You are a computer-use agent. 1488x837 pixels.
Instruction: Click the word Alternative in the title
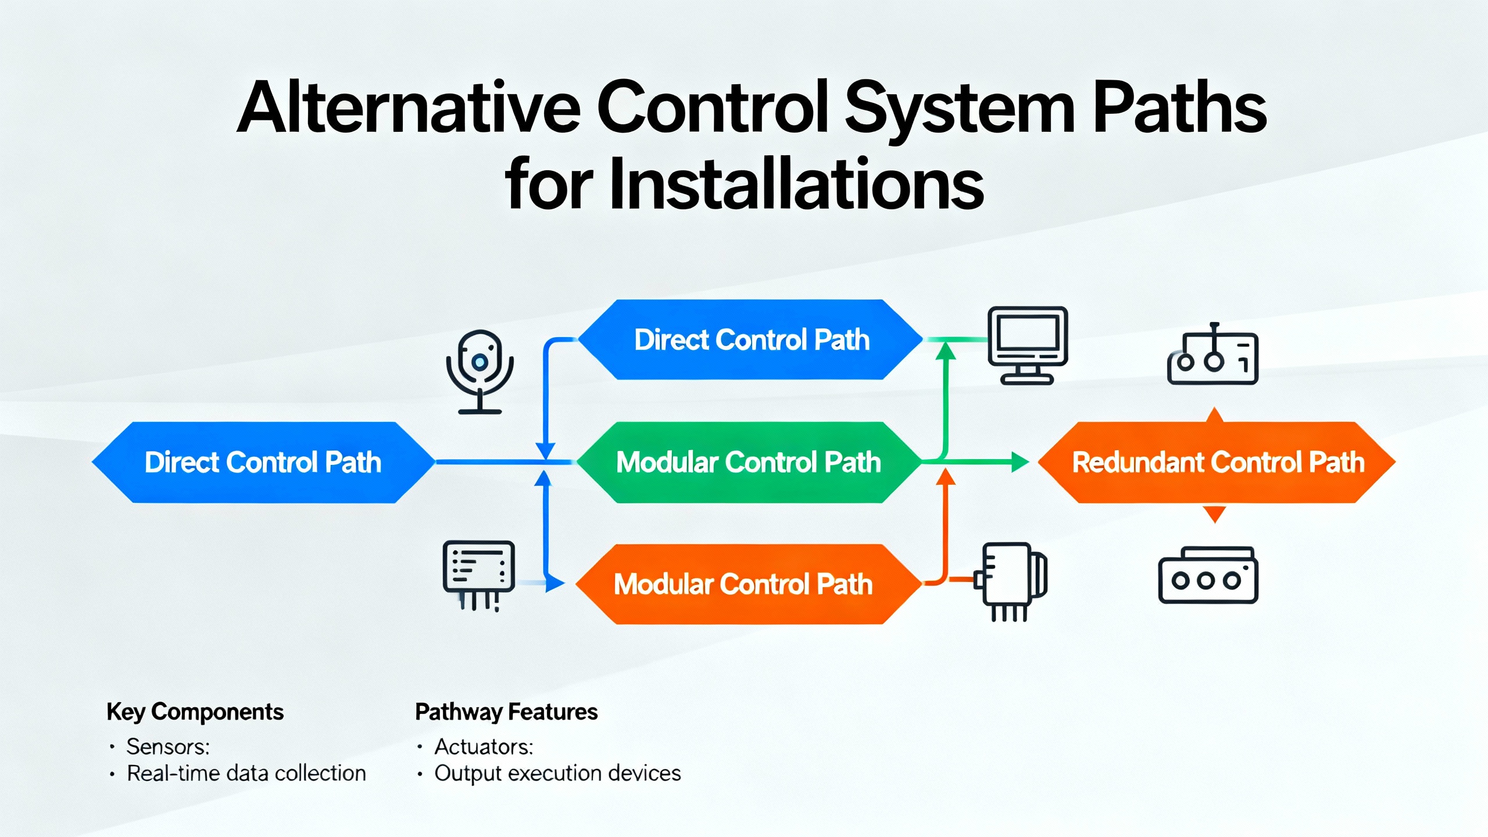pos(409,108)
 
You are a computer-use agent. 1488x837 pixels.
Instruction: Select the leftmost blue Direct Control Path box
pos(263,463)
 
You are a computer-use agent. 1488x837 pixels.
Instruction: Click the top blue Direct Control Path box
pos(751,340)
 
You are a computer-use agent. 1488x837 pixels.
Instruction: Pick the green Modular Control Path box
pos(749,463)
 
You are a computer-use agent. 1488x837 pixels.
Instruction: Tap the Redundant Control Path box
pos(1217,463)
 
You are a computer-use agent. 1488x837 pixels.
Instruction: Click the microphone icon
pos(480,371)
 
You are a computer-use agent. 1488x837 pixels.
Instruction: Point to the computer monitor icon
pos(1028,345)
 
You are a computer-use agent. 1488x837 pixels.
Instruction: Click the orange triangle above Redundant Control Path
pos(1215,415)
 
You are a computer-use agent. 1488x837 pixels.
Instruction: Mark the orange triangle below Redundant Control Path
pos(1214,514)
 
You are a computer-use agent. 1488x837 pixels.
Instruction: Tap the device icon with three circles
pos(1208,575)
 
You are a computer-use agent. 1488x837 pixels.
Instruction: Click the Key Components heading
pos(195,712)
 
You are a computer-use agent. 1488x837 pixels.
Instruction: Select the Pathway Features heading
pos(506,712)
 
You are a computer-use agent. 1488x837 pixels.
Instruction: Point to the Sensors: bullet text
pos(168,747)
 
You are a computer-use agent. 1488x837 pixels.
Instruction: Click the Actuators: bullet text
pos(484,747)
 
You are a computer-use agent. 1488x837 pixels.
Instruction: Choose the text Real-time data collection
pos(246,774)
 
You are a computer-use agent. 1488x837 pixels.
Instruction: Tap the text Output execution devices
pos(557,774)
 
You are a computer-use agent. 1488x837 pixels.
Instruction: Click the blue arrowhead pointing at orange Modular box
pos(555,583)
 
